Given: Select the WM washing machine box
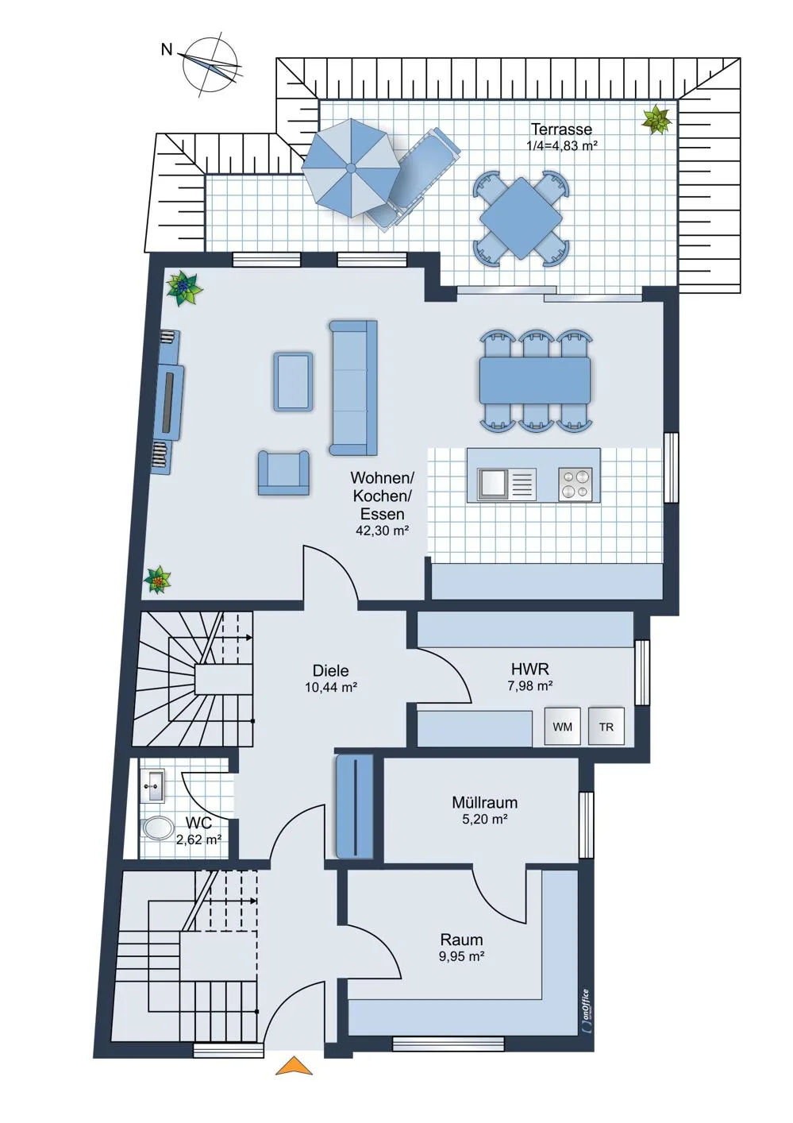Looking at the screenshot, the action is click(x=562, y=726).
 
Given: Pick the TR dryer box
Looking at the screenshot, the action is click(x=606, y=726).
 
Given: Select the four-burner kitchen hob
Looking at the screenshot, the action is click(x=575, y=484).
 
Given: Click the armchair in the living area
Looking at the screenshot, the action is click(x=283, y=473).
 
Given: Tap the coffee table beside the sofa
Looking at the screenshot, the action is click(x=293, y=381).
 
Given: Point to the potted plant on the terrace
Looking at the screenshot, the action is click(x=656, y=120).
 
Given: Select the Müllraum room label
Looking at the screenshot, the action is click(x=484, y=803).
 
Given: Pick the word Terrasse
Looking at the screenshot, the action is click(x=561, y=129).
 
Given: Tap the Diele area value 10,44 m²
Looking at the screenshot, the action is click(x=331, y=687).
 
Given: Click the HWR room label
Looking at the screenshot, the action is click(x=530, y=669).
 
